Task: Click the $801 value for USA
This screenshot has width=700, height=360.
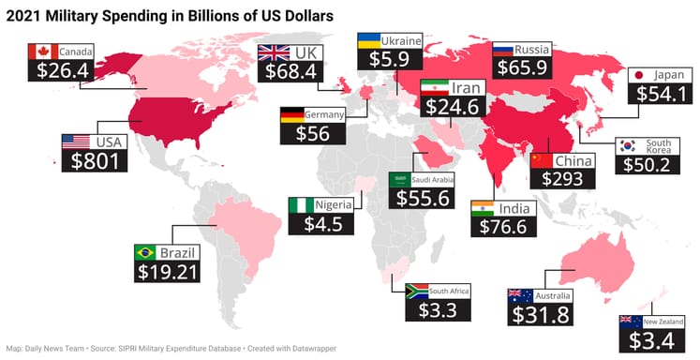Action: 93,160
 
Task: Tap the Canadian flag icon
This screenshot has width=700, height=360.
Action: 42,50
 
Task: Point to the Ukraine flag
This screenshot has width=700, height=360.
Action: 368,41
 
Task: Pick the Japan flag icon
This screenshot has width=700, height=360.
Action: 638,75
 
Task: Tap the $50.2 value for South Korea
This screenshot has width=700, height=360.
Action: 648,164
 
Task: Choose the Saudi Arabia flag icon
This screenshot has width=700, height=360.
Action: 399,179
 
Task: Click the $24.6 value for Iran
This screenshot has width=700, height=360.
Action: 453,106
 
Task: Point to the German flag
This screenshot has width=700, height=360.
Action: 291,114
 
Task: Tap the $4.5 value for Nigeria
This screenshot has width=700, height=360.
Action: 322,224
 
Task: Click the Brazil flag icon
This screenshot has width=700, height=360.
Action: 145,252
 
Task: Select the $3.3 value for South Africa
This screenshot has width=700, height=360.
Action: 422,308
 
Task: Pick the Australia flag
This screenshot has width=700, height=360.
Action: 521,296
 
